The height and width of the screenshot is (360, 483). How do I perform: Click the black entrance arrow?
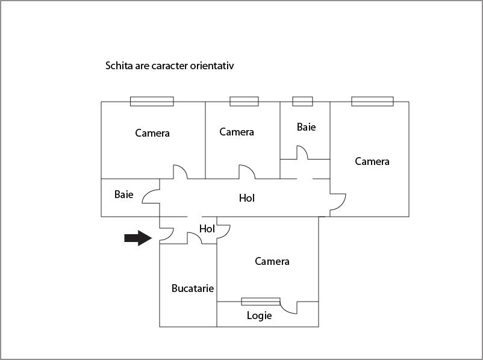[137, 238]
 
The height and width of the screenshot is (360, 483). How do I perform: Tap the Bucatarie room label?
[193, 288]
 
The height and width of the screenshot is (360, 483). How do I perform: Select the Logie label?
[259, 315]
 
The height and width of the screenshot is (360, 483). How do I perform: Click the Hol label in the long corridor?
[247, 197]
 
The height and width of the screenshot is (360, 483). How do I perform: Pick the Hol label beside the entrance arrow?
[207, 229]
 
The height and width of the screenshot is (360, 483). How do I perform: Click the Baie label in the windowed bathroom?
[306, 127]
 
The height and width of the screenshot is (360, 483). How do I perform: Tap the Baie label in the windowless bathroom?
[123, 194]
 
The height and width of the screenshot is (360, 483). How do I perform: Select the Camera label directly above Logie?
[272, 261]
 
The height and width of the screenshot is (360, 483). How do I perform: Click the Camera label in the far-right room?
[372, 161]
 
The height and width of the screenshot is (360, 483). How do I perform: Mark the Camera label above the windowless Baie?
[152, 133]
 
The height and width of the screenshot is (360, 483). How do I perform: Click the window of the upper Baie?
[302, 101]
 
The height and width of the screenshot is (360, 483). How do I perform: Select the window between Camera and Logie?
[261, 301]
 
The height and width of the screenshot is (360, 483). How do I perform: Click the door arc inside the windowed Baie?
[302, 152]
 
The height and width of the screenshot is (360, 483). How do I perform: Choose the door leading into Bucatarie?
[195, 238]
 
